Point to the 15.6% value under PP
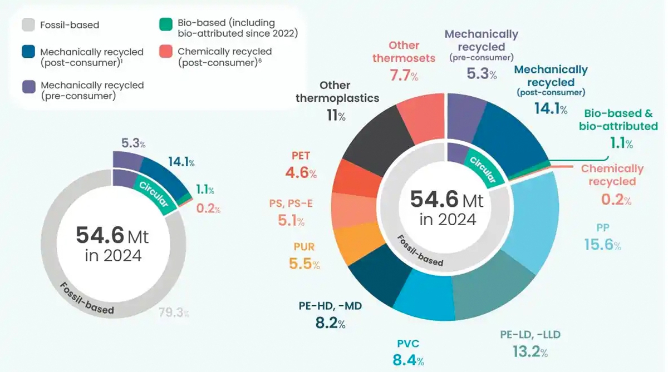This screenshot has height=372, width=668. coord(602,244)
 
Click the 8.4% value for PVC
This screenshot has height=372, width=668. coord(408,360)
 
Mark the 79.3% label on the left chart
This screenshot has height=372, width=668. coord(174,313)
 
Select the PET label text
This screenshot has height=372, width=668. coord(300,156)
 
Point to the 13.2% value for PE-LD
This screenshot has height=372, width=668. coord(530,351)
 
